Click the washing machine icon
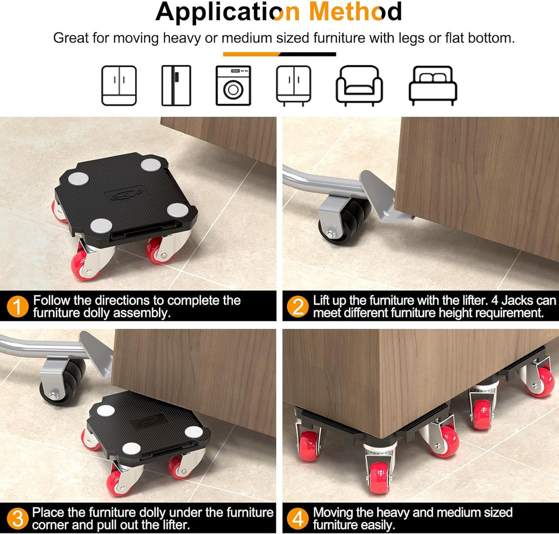(x=233, y=86)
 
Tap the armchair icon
(x=359, y=86)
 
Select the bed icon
(x=433, y=86)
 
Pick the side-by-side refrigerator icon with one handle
(x=176, y=86)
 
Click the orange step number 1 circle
(x=18, y=306)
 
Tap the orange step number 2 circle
(x=298, y=306)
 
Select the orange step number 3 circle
(x=18, y=518)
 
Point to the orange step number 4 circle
(x=298, y=518)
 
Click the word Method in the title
(x=356, y=11)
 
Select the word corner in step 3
(x=50, y=525)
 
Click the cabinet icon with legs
(x=293, y=86)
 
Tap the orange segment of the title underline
(x=252, y=54)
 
